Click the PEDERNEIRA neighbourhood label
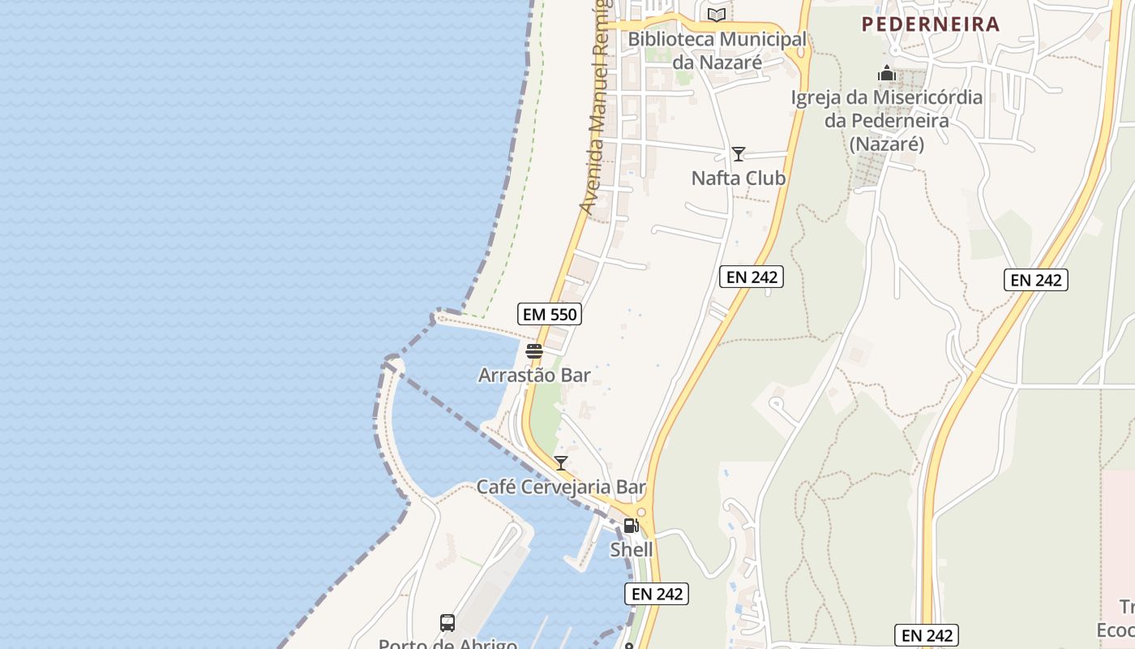coord(931,24)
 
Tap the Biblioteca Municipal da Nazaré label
coord(717,50)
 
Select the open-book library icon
coord(716,15)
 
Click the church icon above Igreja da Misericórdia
coord(887,74)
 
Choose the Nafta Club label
coord(739,178)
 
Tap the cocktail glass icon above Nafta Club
coord(739,154)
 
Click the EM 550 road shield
coord(550,314)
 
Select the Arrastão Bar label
coord(534,376)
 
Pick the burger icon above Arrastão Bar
coord(533,351)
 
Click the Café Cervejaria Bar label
coord(561,488)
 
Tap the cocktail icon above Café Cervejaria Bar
coord(560,463)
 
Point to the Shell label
coord(632,550)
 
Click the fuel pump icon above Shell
coord(631,526)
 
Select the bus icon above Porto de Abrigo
coord(448,623)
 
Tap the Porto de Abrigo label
coord(448,644)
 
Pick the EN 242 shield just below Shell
coord(657,594)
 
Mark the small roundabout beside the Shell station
coord(641,513)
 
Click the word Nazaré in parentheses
coord(887,144)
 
